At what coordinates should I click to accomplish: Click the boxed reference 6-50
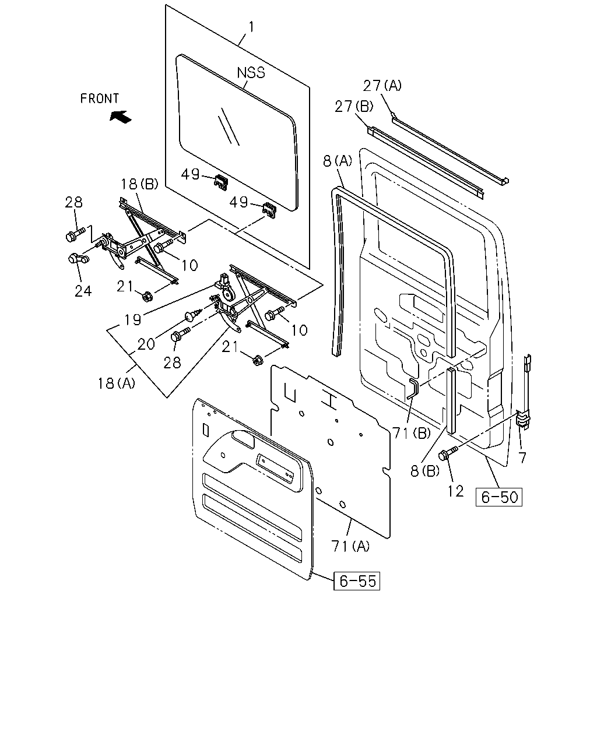pos(498,497)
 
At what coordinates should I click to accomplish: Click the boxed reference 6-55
pos(357,580)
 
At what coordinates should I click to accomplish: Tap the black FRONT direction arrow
pos(121,116)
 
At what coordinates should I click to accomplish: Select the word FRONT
pos(100,98)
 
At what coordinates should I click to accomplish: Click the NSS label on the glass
pos(251,72)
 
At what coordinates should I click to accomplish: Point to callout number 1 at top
pos(251,27)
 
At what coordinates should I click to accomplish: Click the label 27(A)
pos(382,85)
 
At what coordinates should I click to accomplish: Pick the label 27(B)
pos(354,107)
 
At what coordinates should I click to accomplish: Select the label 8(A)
pos(338,161)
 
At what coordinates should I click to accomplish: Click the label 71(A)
pos(350,546)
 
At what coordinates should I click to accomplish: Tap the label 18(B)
pos(139,184)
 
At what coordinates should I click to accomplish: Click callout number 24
pos(83,291)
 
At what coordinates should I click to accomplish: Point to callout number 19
pos(133,319)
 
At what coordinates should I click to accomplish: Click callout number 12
pos(455,491)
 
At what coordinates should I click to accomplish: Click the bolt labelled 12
pos(448,453)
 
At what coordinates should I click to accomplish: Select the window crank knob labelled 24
pos(78,259)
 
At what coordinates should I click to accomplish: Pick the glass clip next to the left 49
pos(220,182)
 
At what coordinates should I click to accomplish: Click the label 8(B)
pos(424,471)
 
